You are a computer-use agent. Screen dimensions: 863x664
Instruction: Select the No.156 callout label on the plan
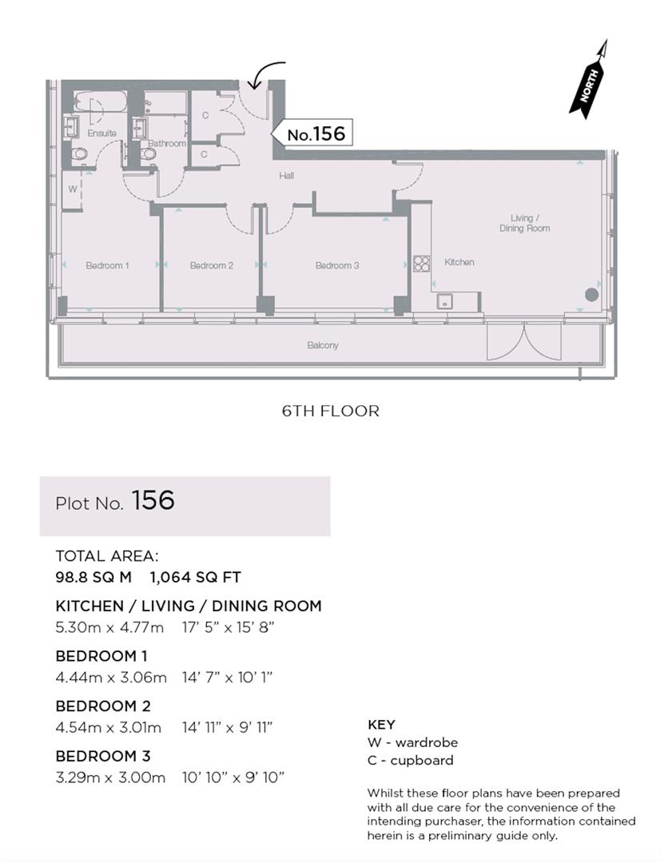315,134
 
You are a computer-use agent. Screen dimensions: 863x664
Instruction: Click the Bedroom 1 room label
108,265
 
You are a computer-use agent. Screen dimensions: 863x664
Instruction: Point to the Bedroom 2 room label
211,265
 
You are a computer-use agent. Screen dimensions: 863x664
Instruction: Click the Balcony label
323,345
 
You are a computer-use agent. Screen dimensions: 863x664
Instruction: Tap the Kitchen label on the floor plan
459,262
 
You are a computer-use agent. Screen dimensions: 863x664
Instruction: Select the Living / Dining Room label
531,223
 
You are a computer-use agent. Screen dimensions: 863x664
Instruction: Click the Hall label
287,175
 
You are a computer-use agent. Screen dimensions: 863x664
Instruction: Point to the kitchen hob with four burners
421,264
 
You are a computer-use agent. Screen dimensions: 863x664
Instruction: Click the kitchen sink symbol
444,301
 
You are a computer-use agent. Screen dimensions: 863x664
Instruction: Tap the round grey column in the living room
591,294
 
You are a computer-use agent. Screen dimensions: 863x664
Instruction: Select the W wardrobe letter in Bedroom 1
72,189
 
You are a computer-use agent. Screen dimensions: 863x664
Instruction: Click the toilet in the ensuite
78,155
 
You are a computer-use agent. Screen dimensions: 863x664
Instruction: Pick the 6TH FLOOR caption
330,412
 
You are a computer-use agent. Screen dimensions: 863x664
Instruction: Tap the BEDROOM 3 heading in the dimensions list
103,756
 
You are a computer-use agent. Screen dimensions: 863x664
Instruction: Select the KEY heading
381,726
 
